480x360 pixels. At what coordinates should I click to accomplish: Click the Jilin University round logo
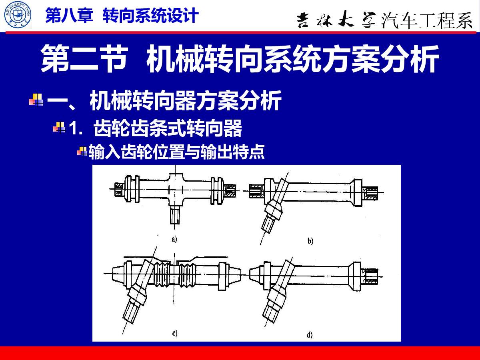click(x=18, y=15)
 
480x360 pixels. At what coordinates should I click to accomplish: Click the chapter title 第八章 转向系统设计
click(x=122, y=15)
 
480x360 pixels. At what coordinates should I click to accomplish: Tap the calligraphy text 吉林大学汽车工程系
click(x=384, y=20)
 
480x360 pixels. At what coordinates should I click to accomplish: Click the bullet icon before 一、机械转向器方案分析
click(x=36, y=100)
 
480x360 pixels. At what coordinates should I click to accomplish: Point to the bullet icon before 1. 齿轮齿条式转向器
click(x=59, y=127)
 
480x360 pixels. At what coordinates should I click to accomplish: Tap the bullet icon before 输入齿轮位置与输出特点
click(x=82, y=151)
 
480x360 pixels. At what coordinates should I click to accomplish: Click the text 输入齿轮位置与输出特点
click(x=177, y=152)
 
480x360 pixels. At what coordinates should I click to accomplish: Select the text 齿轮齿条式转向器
click(x=168, y=128)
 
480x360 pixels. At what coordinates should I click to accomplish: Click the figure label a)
click(x=174, y=239)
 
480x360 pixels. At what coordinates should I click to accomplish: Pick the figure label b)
click(x=310, y=241)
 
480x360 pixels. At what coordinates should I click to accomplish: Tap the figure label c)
click(x=175, y=333)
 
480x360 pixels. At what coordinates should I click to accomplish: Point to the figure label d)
click(x=310, y=335)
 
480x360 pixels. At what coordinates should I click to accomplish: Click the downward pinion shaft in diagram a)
click(x=175, y=215)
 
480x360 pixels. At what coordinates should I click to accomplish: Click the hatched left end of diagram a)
click(x=119, y=189)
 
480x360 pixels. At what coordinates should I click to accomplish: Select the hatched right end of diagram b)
click(x=370, y=193)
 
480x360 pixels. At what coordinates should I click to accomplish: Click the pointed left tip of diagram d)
click(x=250, y=274)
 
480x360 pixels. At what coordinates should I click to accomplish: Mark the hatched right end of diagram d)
click(x=370, y=276)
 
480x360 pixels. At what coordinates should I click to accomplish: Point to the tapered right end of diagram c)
click(x=235, y=274)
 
